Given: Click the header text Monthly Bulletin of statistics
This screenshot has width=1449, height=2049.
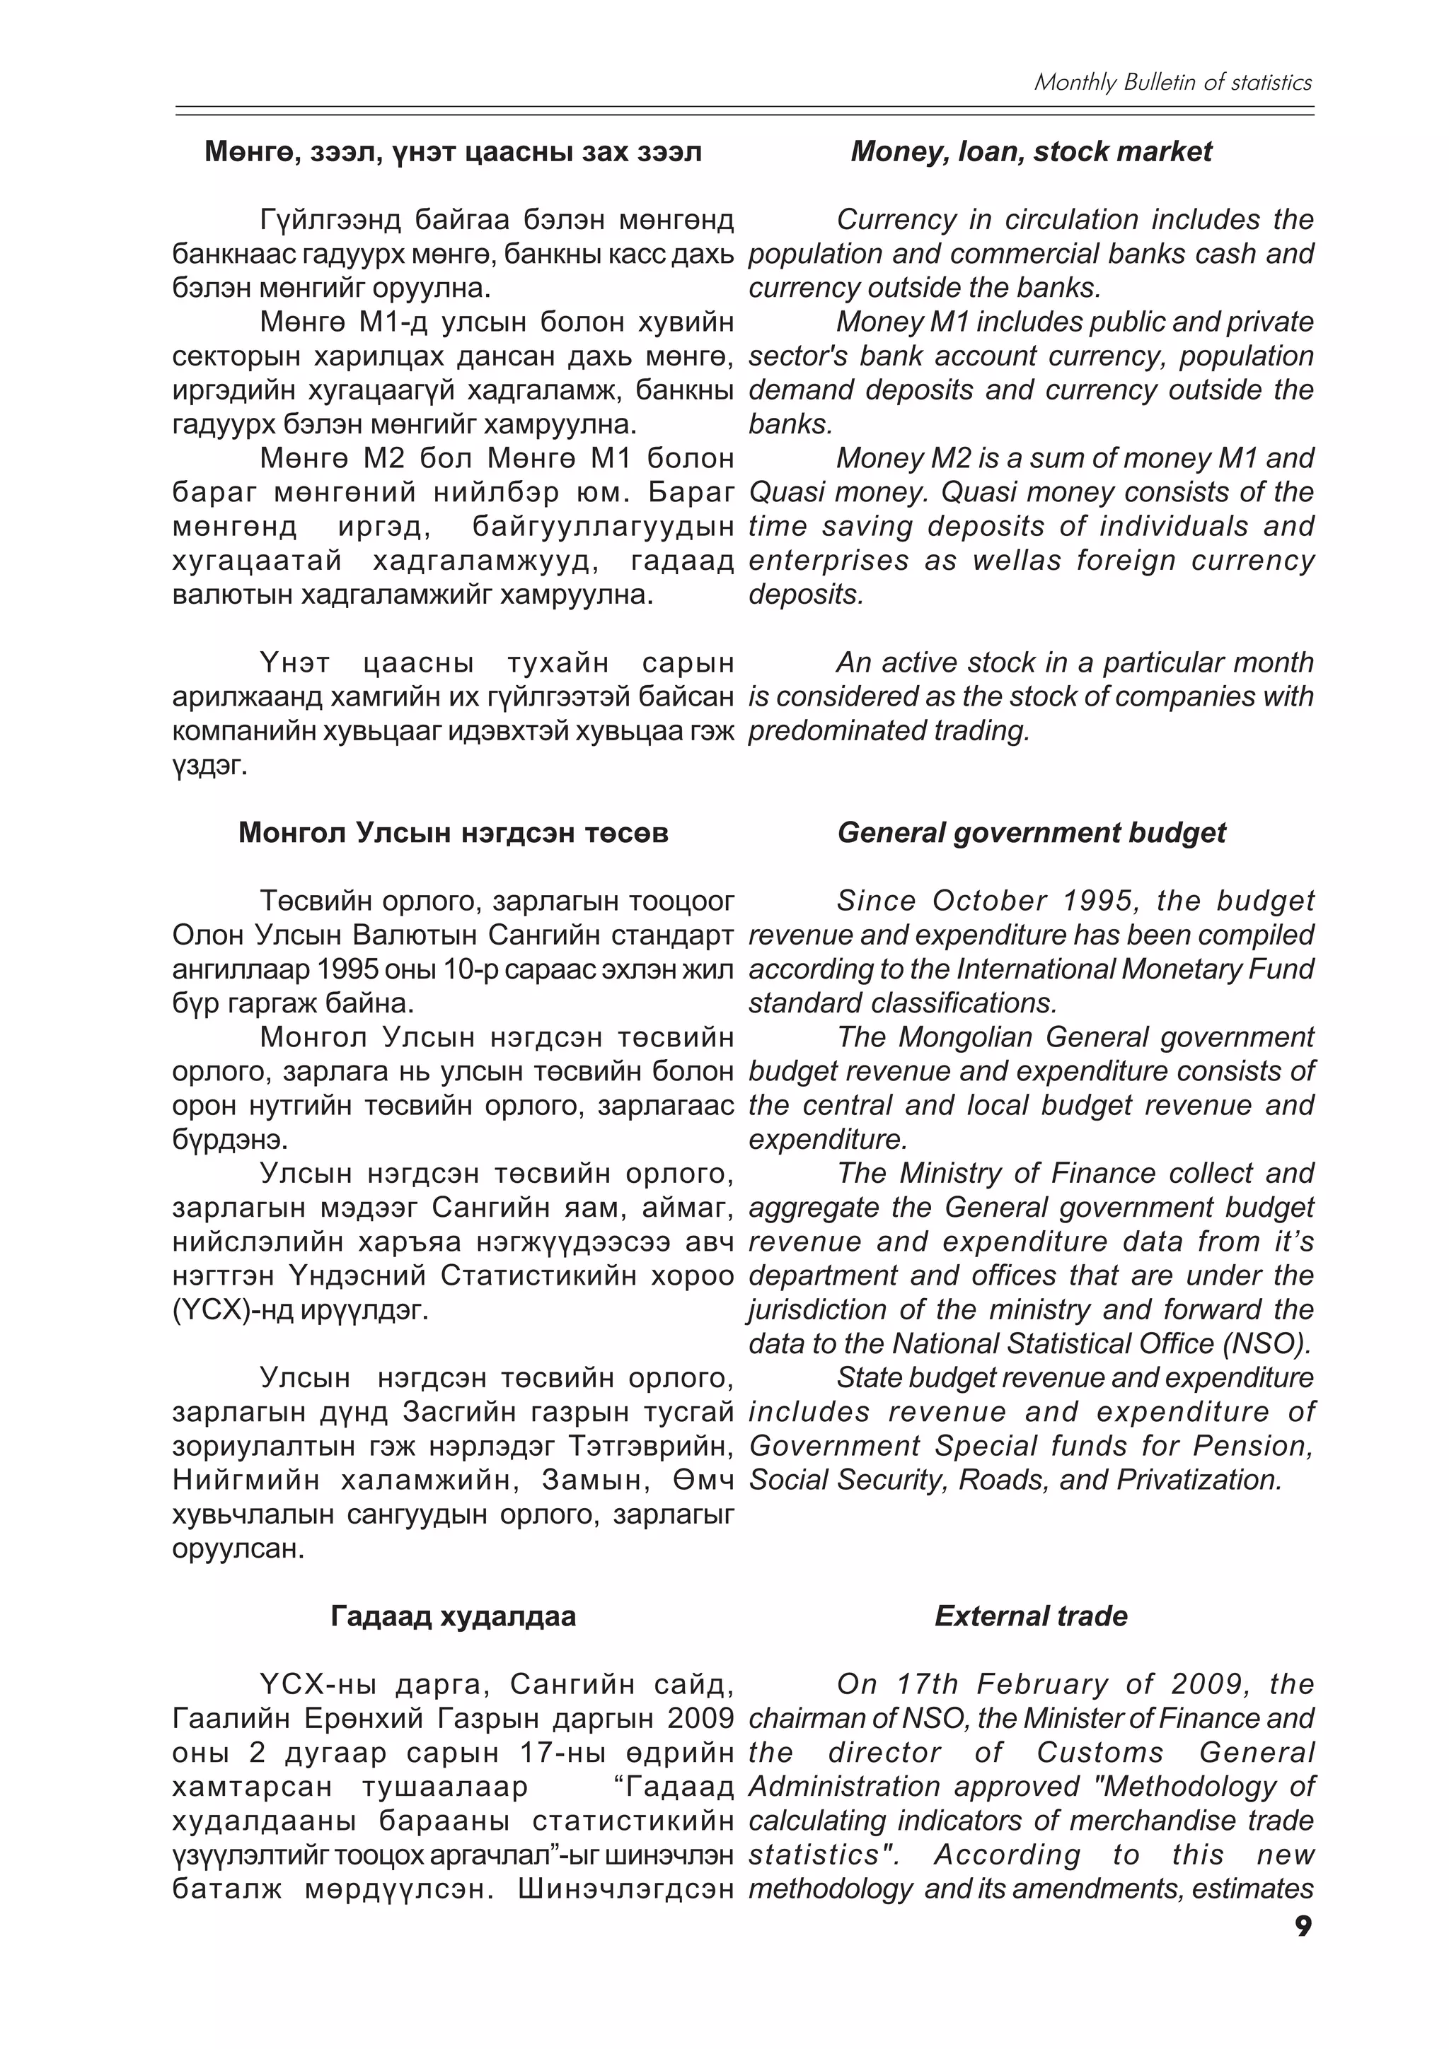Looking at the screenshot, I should click(1172, 83).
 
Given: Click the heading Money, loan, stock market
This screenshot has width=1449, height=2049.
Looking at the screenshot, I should click(1030, 152).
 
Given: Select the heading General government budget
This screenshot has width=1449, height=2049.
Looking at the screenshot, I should click(1030, 833).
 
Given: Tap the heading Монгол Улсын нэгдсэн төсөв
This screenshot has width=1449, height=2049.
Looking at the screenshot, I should click(453, 833).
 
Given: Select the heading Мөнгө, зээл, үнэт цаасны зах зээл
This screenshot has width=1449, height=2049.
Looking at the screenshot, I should click(453, 152).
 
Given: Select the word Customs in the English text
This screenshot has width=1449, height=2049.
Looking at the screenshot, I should click(1100, 1753).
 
